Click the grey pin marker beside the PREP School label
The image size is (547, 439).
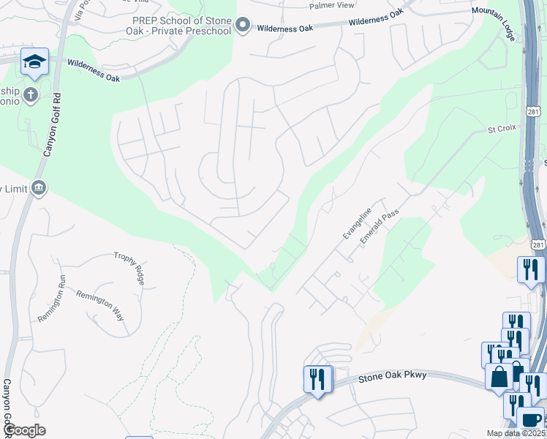[x=244, y=29]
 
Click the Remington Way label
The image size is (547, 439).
[x=100, y=305]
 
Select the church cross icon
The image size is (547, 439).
[x=30, y=95]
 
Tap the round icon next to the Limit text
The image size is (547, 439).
[x=39, y=188]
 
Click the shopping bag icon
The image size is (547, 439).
[x=499, y=377]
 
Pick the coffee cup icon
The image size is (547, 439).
[x=530, y=421]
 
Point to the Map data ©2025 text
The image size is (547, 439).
[x=516, y=433]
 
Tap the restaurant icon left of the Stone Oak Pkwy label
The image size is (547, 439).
[x=317, y=379]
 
